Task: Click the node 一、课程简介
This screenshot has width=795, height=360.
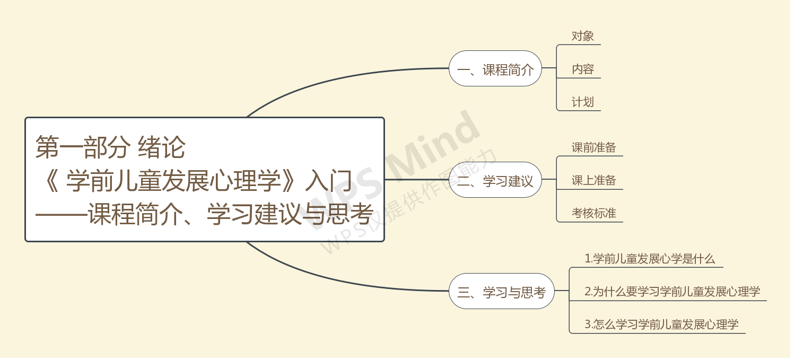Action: (495, 69)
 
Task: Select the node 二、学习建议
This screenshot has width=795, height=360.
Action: (495, 180)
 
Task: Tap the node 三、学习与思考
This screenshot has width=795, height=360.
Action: (502, 292)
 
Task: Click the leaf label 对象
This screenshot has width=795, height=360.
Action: (582, 36)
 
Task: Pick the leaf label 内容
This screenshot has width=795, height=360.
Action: (582, 69)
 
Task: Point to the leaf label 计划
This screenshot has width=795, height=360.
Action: (582, 102)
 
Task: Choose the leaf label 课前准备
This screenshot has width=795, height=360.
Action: (593, 147)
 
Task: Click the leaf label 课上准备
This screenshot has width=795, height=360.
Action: (593, 180)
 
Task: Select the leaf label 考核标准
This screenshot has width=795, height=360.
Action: (593, 213)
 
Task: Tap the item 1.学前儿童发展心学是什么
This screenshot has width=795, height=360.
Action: (650, 259)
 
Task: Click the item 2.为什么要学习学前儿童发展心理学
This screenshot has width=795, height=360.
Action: (672, 292)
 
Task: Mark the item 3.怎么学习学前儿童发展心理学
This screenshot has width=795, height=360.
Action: (661, 324)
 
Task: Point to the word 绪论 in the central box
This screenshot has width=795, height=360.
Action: (162, 147)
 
